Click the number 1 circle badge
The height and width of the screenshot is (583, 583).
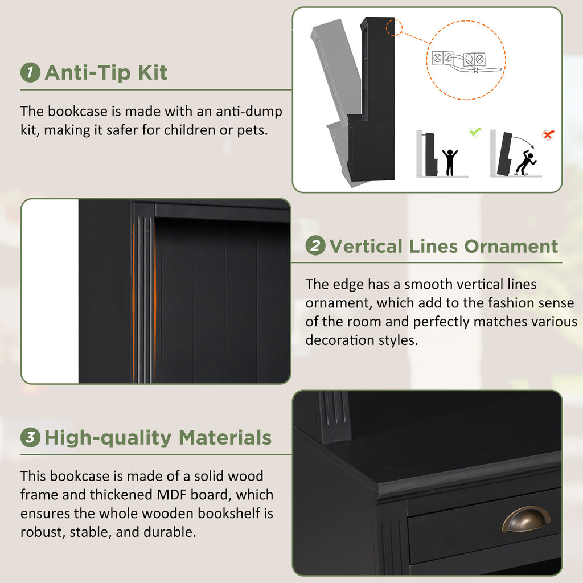[30, 72]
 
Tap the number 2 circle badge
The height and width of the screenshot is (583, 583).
[315, 246]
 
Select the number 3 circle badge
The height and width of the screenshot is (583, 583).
[30, 437]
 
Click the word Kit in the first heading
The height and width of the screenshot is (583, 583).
[153, 72]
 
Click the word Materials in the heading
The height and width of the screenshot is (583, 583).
[225, 438]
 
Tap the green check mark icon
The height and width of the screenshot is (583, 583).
[474, 132]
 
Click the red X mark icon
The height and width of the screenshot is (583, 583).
[548, 134]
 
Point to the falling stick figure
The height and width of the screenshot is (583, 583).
[525, 162]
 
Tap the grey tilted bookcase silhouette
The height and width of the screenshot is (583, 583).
[336, 100]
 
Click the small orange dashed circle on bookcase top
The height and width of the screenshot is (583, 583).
[394, 27]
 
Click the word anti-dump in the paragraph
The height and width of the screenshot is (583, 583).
[249, 111]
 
